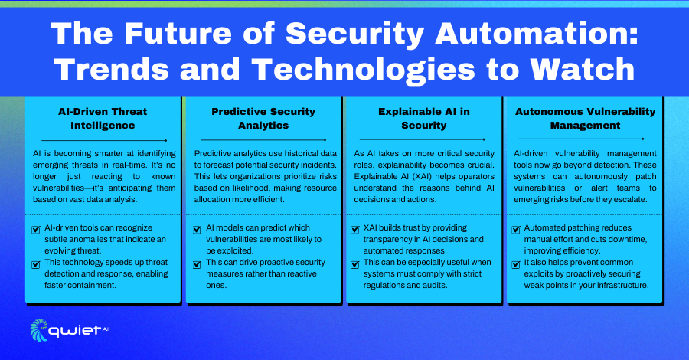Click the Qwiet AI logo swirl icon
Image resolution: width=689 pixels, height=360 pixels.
(x=39, y=330)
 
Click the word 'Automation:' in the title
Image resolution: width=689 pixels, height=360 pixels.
(x=537, y=34)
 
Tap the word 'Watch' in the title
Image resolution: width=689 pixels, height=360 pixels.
(x=583, y=69)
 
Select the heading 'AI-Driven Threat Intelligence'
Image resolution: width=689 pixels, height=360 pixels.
(x=103, y=118)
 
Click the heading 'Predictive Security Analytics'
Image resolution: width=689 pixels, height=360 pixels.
(x=263, y=118)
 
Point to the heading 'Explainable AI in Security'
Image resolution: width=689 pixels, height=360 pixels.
(x=424, y=118)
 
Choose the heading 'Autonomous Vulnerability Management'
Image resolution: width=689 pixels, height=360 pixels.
(x=586, y=118)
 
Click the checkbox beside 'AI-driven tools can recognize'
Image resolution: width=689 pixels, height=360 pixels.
(x=36, y=230)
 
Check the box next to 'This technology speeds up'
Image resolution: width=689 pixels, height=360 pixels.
(x=36, y=264)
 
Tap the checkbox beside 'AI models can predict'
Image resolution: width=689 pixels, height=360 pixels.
(x=198, y=230)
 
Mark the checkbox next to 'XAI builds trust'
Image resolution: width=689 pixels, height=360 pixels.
(x=355, y=230)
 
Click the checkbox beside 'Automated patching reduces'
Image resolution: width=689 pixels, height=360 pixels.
(x=516, y=230)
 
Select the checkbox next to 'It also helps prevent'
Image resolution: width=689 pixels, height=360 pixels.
(x=516, y=264)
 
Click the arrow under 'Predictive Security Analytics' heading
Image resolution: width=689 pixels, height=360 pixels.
(x=263, y=139)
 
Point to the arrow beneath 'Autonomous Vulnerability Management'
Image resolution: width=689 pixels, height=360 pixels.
(x=581, y=139)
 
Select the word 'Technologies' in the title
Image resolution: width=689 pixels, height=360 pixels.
(x=364, y=70)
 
